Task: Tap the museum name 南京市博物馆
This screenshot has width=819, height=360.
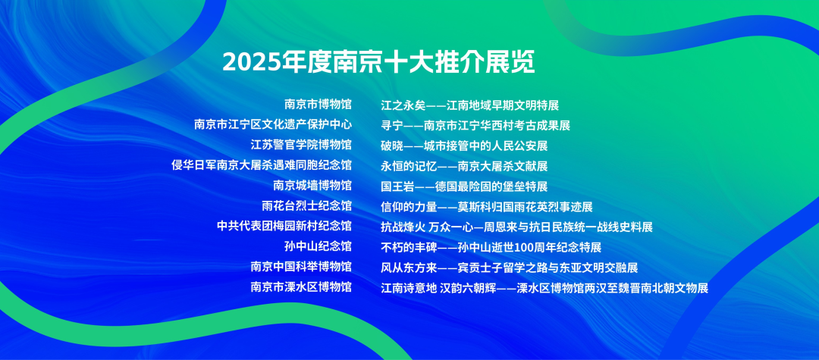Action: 318,105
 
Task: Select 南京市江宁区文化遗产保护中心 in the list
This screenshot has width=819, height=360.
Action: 273,125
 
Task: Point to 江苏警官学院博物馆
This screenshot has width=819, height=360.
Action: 301,145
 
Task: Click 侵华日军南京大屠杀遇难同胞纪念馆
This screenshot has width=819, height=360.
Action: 262,165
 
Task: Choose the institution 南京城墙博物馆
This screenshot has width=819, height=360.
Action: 312,186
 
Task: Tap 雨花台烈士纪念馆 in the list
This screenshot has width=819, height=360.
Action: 307,206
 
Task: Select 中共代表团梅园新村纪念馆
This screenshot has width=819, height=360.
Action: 284,227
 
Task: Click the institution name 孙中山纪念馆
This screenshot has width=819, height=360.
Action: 318,247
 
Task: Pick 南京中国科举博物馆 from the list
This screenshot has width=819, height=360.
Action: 301,267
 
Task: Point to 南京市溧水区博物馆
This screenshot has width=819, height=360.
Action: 301,287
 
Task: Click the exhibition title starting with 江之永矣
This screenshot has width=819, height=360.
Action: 470,105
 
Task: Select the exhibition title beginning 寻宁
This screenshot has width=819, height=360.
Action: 475,126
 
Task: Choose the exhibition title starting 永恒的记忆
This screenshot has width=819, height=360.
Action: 464,167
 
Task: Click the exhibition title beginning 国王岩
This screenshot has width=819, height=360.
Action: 464,186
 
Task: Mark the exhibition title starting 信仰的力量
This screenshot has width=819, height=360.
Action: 487,207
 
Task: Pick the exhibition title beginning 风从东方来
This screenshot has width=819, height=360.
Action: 510,268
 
